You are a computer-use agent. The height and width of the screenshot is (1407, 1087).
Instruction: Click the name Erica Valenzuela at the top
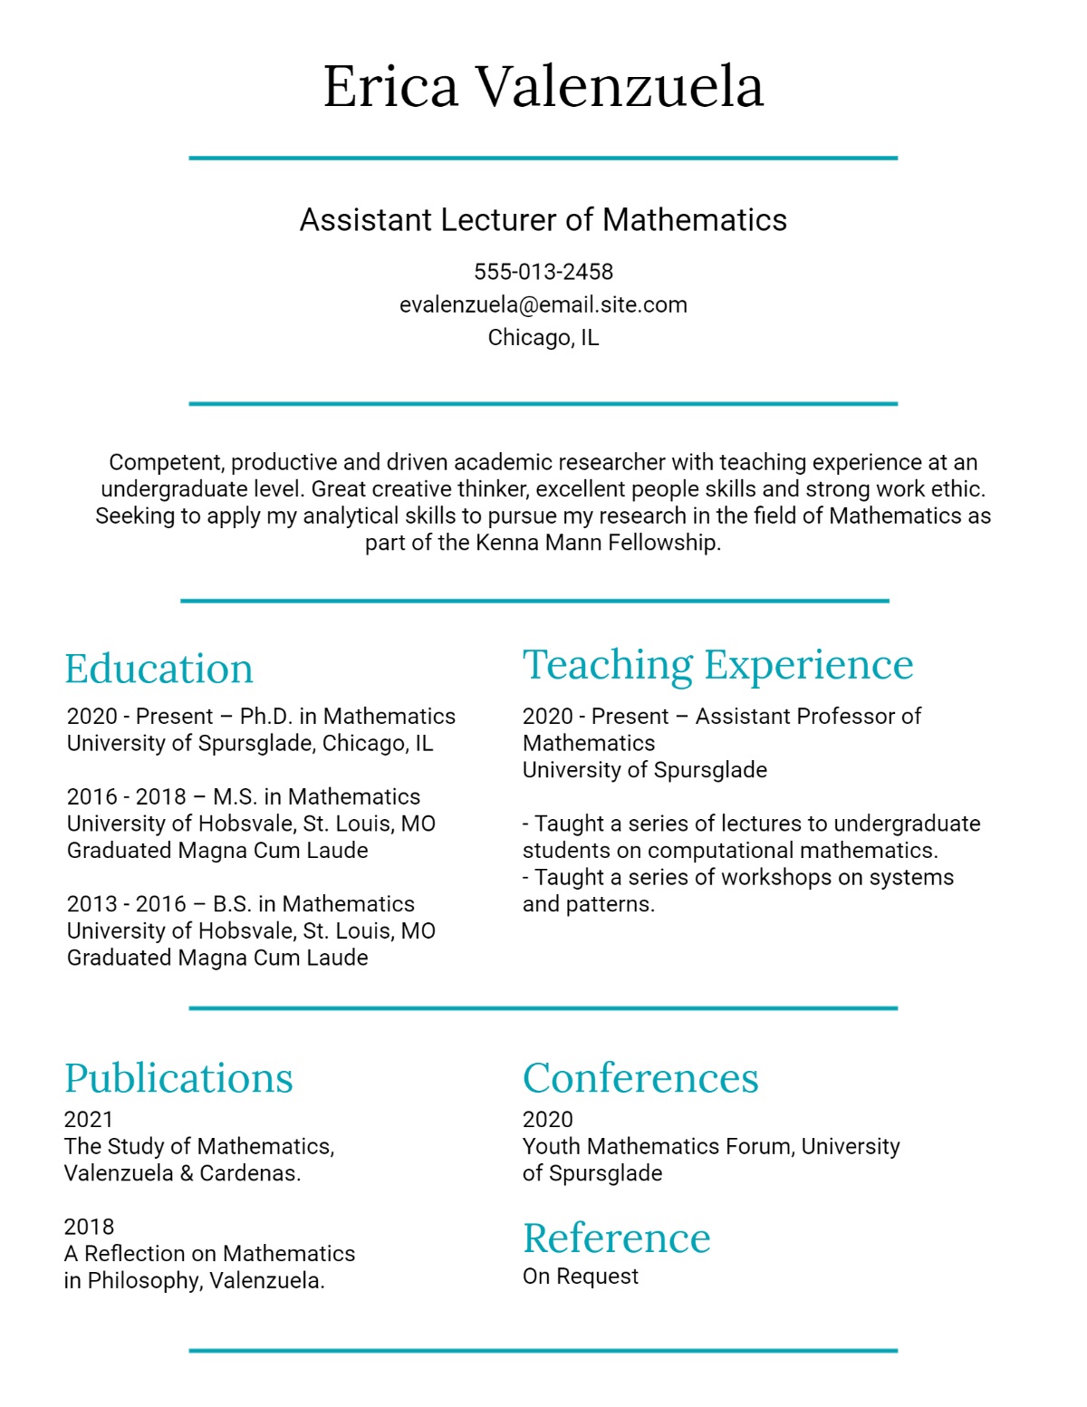point(543,87)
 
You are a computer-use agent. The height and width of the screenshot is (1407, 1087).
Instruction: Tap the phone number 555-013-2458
point(543,272)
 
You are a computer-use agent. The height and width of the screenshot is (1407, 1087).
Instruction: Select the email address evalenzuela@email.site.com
point(543,304)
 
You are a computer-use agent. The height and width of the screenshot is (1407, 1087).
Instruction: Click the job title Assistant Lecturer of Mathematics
point(543,220)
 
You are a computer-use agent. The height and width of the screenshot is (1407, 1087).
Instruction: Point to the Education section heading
point(159,670)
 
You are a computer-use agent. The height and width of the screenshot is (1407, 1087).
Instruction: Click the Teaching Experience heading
point(717,665)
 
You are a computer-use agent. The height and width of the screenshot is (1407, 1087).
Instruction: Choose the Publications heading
point(178,1078)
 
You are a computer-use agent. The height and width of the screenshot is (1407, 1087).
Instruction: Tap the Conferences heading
point(640,1078)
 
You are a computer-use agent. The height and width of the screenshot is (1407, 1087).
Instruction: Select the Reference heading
point(616,1238)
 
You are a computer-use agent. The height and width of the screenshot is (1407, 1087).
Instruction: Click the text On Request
point(581,1277)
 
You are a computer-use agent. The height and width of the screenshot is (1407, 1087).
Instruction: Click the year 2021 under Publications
point(89,1120)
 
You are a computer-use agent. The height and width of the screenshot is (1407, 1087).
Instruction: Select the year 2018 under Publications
point(89,1227)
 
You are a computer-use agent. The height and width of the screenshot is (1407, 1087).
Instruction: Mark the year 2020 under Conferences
point(548,1120)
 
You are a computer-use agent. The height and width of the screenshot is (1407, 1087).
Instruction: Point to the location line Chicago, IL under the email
point(543,338)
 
